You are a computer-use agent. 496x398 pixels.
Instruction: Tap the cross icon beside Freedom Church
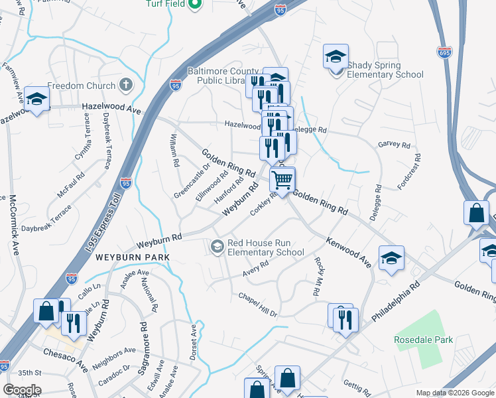coord(125,85)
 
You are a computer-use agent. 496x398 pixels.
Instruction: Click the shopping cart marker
coord(282,180)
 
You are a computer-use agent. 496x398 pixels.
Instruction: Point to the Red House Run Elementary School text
coord(265,247)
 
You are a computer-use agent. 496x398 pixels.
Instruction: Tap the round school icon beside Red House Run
coord(217,247)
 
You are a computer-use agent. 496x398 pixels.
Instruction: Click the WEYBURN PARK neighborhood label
coord(132,257)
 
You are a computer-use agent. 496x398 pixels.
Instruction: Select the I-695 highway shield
coord(444,51)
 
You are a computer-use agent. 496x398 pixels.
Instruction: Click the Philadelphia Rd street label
coord(397,302)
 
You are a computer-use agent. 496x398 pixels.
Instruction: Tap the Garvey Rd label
coord(394,145)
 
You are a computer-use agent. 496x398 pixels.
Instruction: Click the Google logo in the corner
coord(22,390)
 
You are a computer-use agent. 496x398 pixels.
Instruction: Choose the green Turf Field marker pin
coord(194,5)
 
